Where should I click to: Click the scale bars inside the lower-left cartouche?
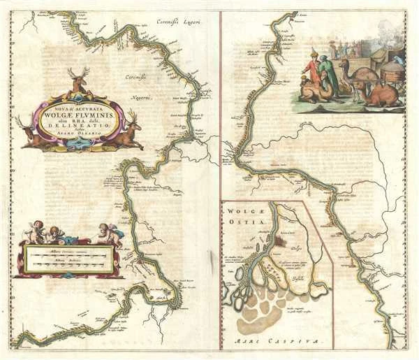[x=67, y=259]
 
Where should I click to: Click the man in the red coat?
[x=313, y=69]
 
